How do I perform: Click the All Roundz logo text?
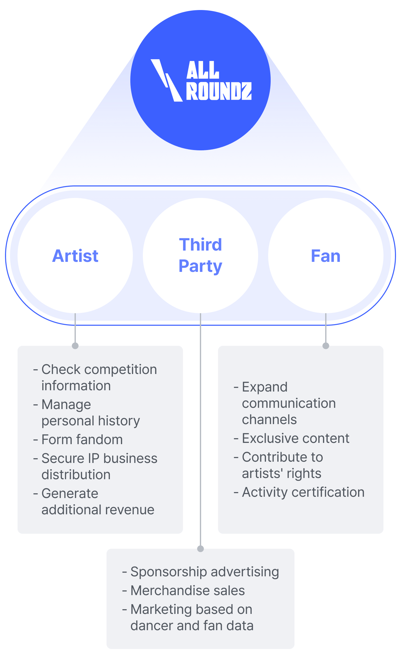(x=219, y=81)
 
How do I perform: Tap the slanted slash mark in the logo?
(x=166, y=80)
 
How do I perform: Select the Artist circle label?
(x=75, y=256)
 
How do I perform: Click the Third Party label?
(x=200, y=255)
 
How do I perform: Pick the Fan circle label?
(x=325, y=256)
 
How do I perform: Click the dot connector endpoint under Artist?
(x=75, y=346)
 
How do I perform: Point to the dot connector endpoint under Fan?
(x=326, y=346)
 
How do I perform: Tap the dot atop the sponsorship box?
(x=200, y=549)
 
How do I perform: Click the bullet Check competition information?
(x=99, y=377)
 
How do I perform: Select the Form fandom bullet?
(x=82, y=439)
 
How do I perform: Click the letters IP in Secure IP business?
(x=93, y=458)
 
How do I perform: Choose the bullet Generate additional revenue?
(x=98, y=501)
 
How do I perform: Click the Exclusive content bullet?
(x=295, y=438)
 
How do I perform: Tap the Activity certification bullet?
(x=303, y=492)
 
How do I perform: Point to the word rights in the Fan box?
(x=304, y=474)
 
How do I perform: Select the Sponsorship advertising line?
(x=205, y=572)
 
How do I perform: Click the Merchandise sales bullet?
(x=187, y=590)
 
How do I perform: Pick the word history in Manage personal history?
(x=120, y=421)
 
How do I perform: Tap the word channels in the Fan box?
(x=269, y=420)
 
